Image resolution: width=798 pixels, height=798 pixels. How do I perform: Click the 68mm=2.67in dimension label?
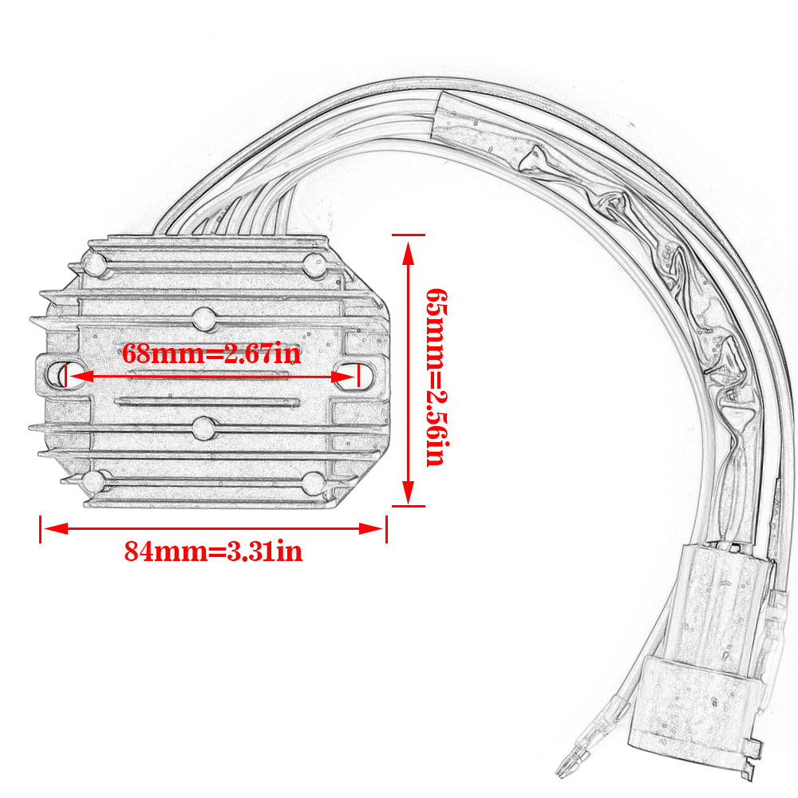(x=211, y=354)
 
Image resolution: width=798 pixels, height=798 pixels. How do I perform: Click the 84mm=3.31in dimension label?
(x=213, y=551)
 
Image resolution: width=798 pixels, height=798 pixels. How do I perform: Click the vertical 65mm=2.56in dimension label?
(x=437, y=377)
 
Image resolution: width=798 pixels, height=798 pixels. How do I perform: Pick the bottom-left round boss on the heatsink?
(x=95, y=482)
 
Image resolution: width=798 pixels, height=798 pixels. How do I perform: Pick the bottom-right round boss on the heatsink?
(x=314, y=483)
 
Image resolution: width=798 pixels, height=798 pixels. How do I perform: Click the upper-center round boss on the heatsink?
(x=204, y=319)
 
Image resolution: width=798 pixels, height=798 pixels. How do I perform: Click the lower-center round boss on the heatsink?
(x=204, y=429)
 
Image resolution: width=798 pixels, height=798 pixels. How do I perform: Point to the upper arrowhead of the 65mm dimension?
(x=408, y=253)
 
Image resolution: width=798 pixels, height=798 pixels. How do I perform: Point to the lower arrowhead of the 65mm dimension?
(x=408, y=492)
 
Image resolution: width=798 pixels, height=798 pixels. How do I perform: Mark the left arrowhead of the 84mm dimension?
(x=56, y=528)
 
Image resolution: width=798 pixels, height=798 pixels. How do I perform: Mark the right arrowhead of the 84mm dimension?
(x=371, y=528)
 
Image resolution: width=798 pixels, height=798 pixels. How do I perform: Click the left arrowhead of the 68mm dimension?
(x=81, y=377)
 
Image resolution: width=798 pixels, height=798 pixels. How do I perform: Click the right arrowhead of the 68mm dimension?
(x=343, y=377)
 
